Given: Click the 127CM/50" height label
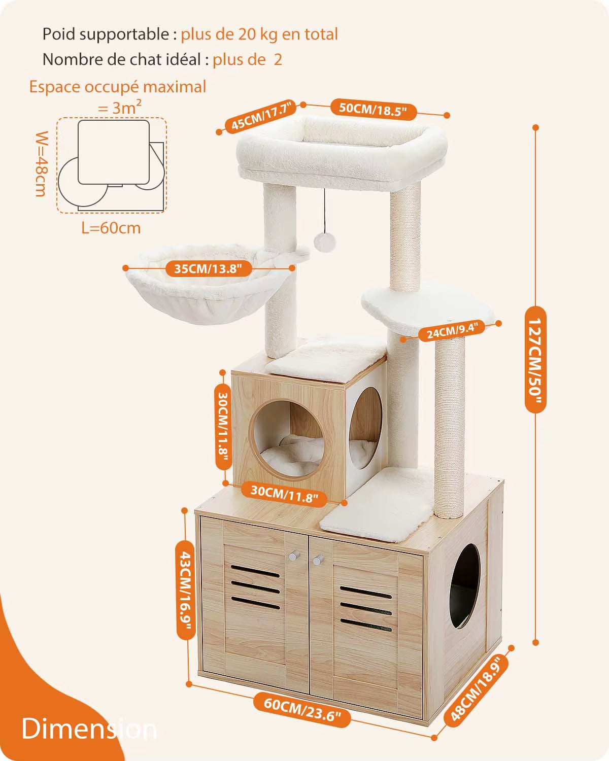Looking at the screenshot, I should point(535,359).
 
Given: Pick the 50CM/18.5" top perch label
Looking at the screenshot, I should point(374,109).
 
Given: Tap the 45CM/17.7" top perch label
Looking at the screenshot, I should point(260,116).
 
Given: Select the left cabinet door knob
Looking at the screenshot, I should point(293,557).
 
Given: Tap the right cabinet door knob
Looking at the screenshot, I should point(318,561).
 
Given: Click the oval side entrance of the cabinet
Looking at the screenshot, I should point(464,586).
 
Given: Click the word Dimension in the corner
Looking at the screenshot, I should point(89,729).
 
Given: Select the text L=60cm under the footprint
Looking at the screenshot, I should point(111,228).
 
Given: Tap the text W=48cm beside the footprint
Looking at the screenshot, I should point(42,163).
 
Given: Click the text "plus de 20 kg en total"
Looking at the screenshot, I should point(259,34).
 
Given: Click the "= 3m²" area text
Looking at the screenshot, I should point(120,107).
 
